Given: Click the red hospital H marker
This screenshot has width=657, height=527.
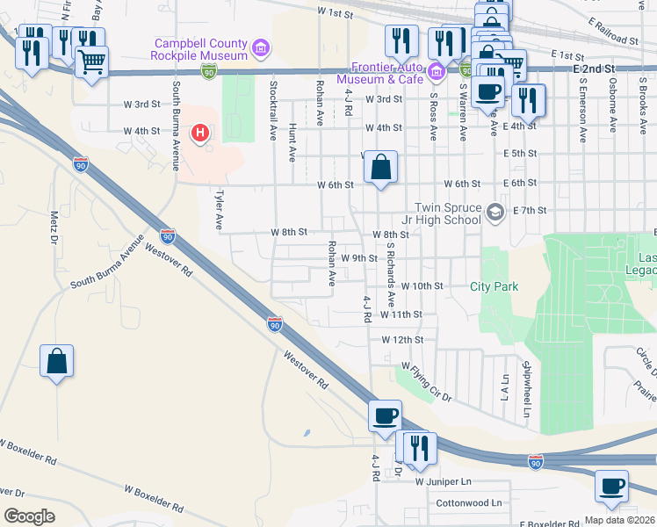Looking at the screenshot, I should pyautogui.click(x=200, y=134).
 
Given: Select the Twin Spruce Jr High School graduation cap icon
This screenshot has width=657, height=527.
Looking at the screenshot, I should pyautogui.click(x=496, y=211).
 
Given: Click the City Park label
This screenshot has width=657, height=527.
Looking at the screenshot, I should pyautogui.click(x=494, y=286).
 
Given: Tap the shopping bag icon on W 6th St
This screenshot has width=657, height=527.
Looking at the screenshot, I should pyautogui.click(x=381, y=166).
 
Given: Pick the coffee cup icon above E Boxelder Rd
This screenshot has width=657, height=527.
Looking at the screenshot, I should pyautogui.click(x=611, y=486).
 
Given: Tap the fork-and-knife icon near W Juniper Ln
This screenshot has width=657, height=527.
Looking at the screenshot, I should pyautogui.click(x=419, y=447).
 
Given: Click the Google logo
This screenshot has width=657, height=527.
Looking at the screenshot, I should pyautogui.click(x=29, y=516).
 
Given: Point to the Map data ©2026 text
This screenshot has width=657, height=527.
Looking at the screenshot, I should pyautogui.click(x=620, y=520).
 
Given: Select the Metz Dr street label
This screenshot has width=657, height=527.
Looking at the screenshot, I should pyautogui.click(x=54, y=227).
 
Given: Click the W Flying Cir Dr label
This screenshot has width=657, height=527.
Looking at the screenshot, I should pyautogui.click(x=426, y=381).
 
